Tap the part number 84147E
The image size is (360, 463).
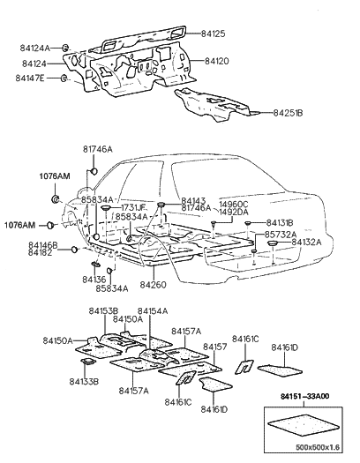[31, 78]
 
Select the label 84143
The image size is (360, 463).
[196, 200]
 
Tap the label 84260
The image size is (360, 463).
[153, 285]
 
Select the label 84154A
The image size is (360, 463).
[153, 311]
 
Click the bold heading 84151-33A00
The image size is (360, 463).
[305, 399]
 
